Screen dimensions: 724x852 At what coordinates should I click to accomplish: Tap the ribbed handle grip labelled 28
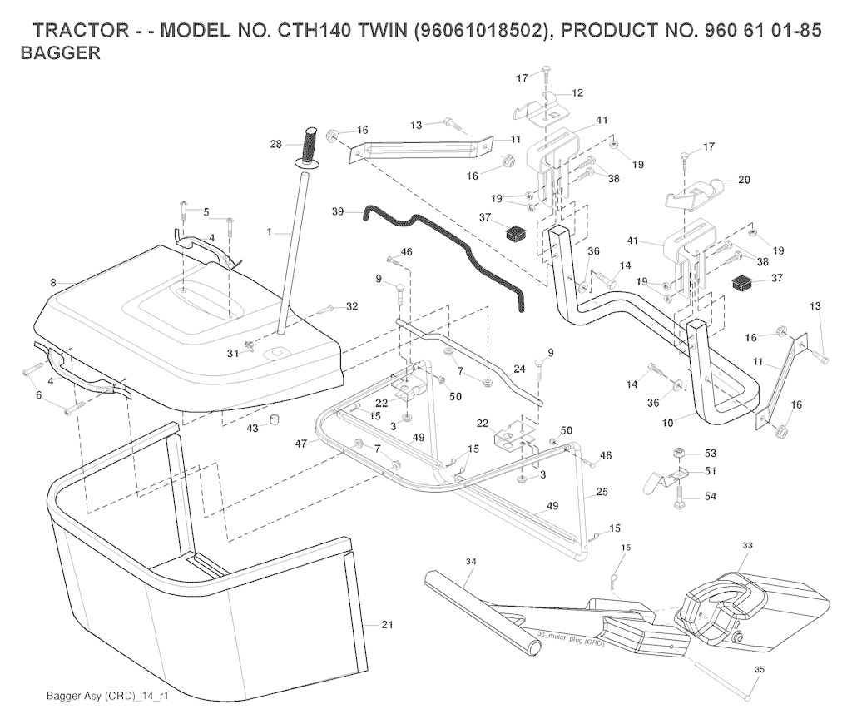pyautogui.click(x=311, y=147)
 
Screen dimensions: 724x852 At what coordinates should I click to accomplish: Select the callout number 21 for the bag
pyautogui.click(x=387, y=624)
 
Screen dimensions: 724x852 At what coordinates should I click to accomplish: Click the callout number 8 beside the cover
pyautogui.click(x=53, y=283)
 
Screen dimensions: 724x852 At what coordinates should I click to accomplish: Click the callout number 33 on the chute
pyautogui.click(x=747, y=545)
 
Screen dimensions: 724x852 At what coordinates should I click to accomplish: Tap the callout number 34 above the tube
pyautogui.click(x=471, y=563)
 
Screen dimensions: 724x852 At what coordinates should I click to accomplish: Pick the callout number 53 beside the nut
pyautogui.click(x=710, y=454)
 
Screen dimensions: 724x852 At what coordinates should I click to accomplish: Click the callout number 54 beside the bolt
pyautogui.click(x=710, y=496)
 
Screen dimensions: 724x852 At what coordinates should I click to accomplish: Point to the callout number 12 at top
pyautogui.click(x=577, y=92)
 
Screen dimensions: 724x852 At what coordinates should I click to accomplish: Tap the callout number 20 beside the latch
pyautogui.click(x=744, y=179)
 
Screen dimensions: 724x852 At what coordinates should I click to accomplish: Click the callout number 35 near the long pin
pyautogui.click(x=758, y=667)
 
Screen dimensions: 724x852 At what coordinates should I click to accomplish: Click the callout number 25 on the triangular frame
pyautogui.click(x=602, y=493)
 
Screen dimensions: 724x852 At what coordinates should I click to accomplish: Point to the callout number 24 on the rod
pyautogui.click(x=519, y=368)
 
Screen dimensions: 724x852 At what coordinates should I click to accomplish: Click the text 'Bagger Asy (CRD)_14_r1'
pyautogui.click(x=107, y=696)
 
